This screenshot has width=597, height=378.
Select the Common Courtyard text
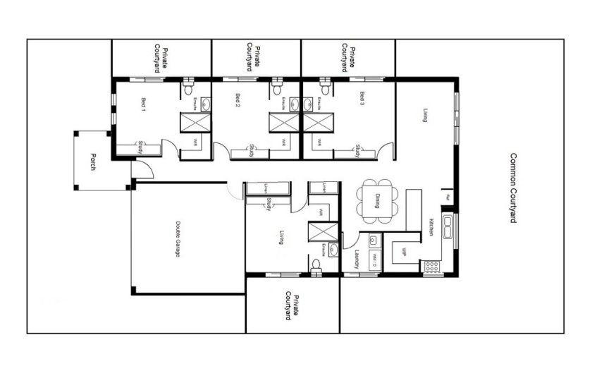(513, 188)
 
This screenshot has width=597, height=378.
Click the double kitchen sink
(448, 226)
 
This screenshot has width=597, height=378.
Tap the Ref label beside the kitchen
(447, 197)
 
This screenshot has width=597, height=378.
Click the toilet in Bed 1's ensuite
(187, 90)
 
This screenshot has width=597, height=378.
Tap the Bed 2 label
(238, 102)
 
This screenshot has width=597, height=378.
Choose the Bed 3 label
(362, 98)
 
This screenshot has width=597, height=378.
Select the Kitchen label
(431, 227)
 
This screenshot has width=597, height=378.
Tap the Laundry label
(357, 260)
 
